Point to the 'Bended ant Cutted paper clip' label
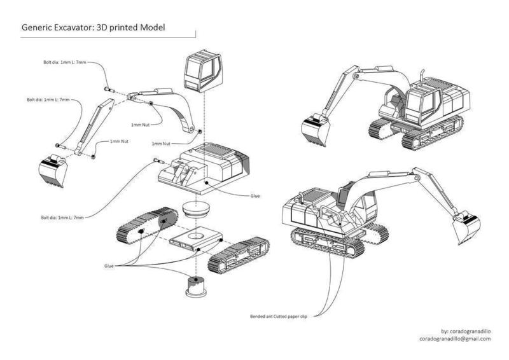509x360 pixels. (x=284, y=315)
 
